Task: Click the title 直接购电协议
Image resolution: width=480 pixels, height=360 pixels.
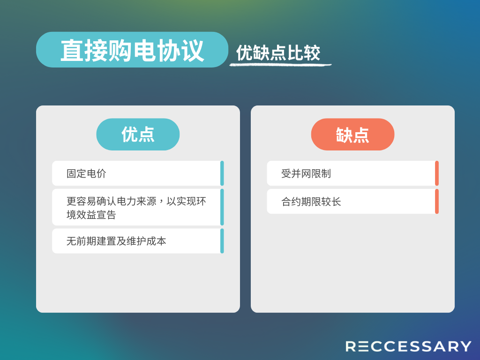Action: point(132,51)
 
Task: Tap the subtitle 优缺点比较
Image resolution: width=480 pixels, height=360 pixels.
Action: point(278,53)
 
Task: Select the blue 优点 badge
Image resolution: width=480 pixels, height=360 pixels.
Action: point(138,135)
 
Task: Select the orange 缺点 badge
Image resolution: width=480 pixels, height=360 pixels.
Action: point(352,135)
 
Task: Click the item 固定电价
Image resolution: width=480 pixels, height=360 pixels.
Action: point(86,173)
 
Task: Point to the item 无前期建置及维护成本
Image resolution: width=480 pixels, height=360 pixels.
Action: point(116,241)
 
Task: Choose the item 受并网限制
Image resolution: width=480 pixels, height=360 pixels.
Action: point(306,173)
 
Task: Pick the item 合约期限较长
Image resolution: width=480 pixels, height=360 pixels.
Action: point(311,202)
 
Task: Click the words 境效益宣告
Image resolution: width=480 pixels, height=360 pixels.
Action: point(91,215)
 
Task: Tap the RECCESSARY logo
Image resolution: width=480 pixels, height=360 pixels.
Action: point(408,346)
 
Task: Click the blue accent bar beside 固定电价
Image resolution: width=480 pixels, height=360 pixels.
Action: point(222,173)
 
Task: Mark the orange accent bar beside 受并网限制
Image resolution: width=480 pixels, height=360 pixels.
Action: point(437,173)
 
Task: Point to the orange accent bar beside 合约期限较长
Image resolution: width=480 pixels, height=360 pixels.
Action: point(437,202)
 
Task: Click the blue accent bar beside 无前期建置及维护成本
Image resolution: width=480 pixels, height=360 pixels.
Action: point(222,241)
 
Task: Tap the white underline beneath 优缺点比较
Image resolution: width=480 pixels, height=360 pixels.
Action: point(280,65)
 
